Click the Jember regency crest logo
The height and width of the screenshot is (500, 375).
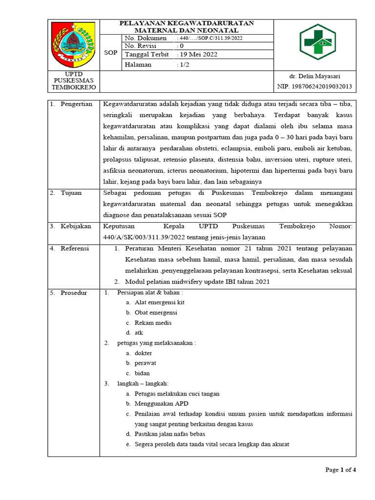[74, 44]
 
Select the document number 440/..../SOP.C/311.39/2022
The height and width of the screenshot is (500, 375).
[210, 38]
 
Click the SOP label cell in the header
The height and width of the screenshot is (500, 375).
[111, 52]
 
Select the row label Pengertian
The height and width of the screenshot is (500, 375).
[76, 104]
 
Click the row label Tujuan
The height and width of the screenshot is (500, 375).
[71, 193]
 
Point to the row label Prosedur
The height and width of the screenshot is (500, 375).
[74, 293]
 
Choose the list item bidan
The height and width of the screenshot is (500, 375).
[143, 373]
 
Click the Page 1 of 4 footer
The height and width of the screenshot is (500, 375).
[340, 470]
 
